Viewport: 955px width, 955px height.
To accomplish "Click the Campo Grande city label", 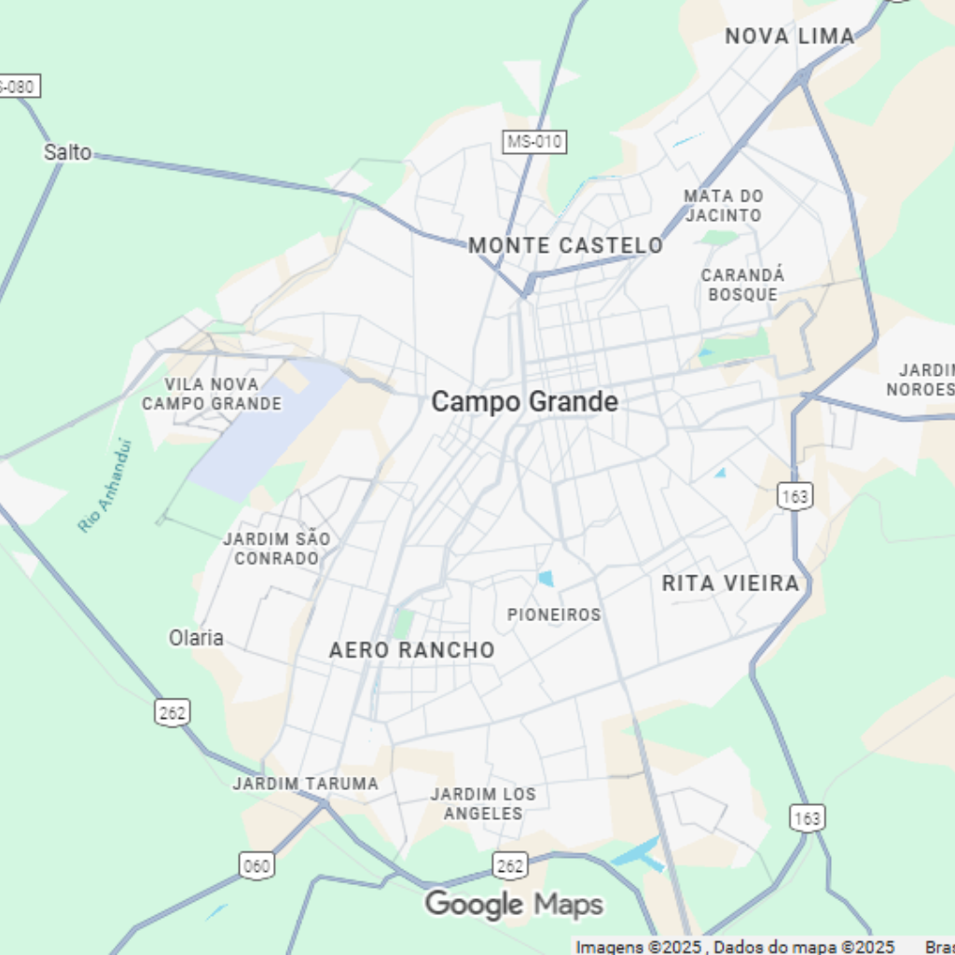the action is [x=524, y=402].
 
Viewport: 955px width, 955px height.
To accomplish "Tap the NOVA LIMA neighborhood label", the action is [x=789, y=36].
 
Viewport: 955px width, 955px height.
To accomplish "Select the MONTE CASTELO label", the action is [x=565, y=245].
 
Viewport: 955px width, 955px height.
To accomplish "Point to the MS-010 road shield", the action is [x=535, y=142].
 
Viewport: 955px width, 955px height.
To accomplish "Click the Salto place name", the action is [x=67, y=152].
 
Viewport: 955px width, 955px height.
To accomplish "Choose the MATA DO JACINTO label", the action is [x=723, y=205].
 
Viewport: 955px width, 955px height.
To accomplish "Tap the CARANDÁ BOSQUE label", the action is [x=742, y=284].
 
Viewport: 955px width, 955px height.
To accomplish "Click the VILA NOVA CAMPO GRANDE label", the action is [x=212, y=394].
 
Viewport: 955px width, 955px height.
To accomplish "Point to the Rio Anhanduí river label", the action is [x=105, y=486].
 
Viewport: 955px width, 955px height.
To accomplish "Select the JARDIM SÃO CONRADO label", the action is [x=276, y=548].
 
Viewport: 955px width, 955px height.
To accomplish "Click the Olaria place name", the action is [x=196, y=638].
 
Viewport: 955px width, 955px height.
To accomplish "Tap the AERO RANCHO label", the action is [x=411, y=650].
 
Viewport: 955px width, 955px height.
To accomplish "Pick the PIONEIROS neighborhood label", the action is [x=554, y=615].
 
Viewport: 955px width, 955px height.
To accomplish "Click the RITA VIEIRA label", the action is [x=730, y=583].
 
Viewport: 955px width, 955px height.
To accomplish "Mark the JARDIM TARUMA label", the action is [x=306, y=783].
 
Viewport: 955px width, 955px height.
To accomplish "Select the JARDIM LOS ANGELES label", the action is [x=483, y=803].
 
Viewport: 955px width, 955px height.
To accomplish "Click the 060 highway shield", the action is [x=256, y=865].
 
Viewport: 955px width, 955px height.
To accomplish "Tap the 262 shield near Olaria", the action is [x=172, y=712].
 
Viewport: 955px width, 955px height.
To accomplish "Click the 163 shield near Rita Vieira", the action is [x=795, y=495].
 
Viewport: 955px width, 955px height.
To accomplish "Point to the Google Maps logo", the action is [x=514, y=904].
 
